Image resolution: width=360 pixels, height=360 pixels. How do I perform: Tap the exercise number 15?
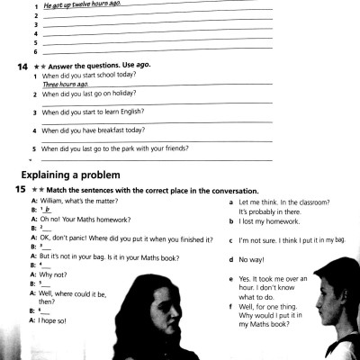(20, 190)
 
